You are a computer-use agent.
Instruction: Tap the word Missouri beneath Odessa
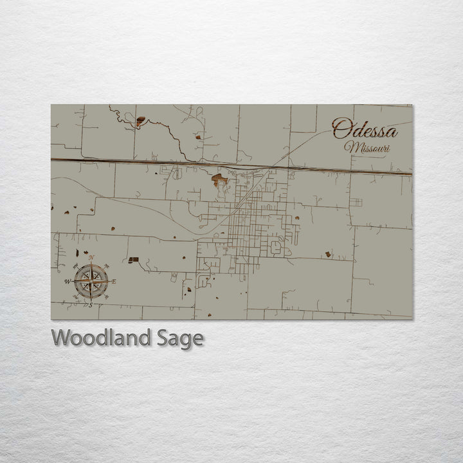pos(367,148)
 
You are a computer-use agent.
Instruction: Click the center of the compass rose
pos(91,281)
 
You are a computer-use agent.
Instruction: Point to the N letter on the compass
pos(91,258)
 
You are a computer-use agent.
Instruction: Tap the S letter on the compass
pos(91,305)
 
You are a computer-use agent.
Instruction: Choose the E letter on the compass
pos(114,282)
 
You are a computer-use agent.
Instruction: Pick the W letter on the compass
pos(67,282)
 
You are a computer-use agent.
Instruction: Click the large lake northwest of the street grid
pos(219,179)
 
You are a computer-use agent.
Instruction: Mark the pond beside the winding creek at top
pos(140,120)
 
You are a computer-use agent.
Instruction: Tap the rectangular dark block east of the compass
pos(133,260)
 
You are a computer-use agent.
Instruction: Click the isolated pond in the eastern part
pos(328,255)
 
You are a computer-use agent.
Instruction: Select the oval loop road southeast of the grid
pos(277,246)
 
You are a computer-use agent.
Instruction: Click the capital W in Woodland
pos(62,338)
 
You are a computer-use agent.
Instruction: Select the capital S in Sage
pos(164,338)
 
